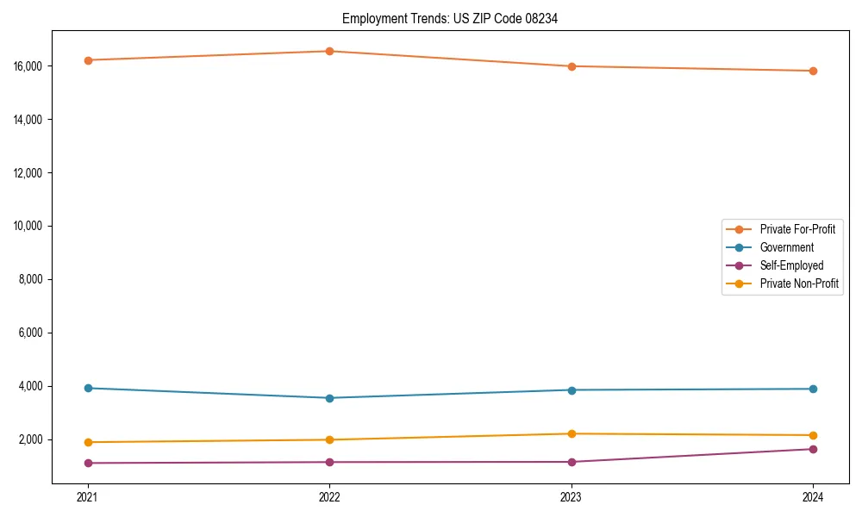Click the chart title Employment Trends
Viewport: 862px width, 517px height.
(450, 18)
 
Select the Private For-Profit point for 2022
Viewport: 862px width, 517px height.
(329, 51)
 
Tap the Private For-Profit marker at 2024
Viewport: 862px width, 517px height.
(813, 71)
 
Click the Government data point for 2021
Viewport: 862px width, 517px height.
(87, 388)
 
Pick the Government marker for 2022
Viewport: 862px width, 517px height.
(329, 398)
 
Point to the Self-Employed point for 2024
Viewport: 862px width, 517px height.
(813, 449)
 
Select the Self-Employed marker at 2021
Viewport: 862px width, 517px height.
(87, 463)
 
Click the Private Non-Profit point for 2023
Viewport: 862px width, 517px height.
(572, 433)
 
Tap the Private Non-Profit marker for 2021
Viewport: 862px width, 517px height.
(87, 442)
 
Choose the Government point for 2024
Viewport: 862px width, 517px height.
(813, 389)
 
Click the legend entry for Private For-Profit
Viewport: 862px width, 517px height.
(797, 229)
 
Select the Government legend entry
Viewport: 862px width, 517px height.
(786, 247)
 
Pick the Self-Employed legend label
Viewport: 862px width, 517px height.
(791, 265)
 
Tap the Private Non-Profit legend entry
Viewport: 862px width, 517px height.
(799, 283)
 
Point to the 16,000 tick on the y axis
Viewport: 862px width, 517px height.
(30, 66)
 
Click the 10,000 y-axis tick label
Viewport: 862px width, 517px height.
(30, 226)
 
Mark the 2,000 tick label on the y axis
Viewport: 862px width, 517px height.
(33, 439)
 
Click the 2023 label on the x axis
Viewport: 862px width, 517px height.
(572, 496)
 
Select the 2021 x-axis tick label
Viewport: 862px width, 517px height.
(87, 496)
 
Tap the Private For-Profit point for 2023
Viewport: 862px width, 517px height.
(572, 66)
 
